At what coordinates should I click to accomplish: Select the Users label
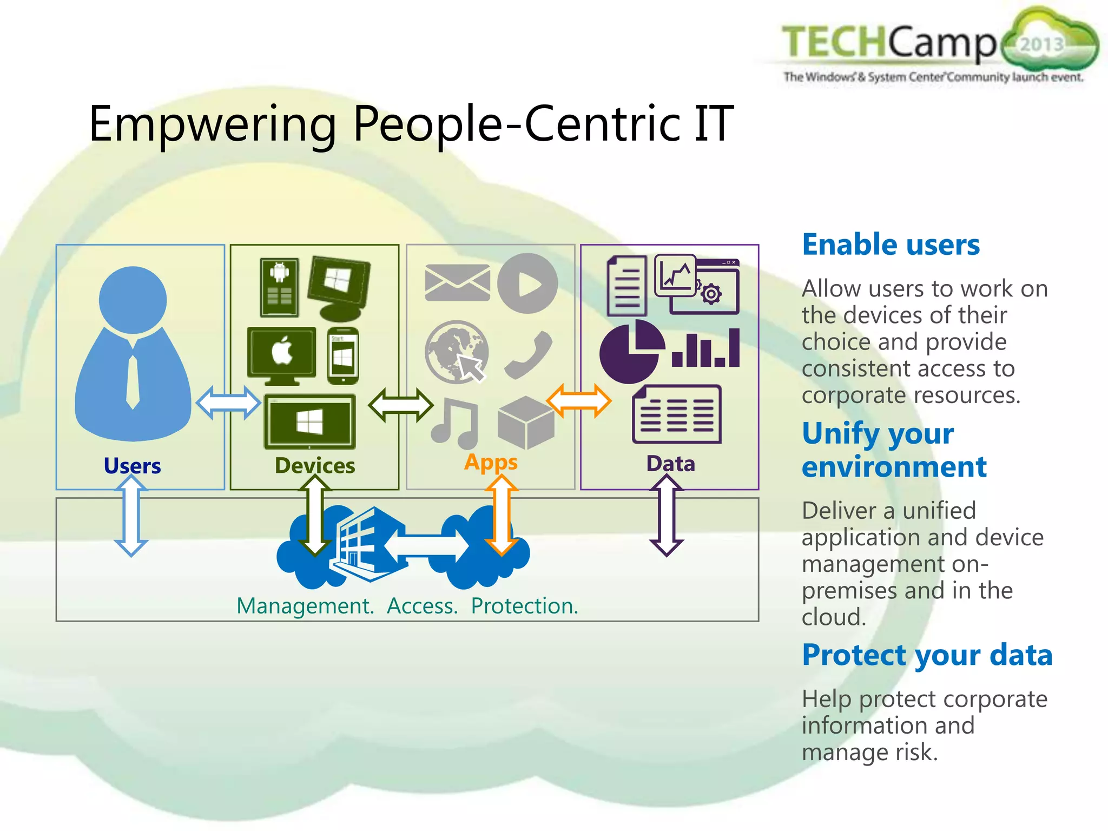tap(132, 466)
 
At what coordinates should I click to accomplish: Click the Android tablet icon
tap(279, 287)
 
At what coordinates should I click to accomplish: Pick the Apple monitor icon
tap(281, 354)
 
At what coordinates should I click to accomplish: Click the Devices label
tap(315, 466)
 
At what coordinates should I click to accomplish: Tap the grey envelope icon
tap(457, 282)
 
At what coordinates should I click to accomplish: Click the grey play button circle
tap(527, 283)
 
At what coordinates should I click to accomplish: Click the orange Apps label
tap(491, 462)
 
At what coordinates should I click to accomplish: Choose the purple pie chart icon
tap(631, 352)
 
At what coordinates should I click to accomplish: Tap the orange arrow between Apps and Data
tap(578, 401)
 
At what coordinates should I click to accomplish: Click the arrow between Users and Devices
tap(228, 403)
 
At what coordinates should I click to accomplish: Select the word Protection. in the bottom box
tap(524, 606)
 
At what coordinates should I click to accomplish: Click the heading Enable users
tap(891, 245)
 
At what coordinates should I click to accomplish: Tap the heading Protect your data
tap(927, 655)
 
